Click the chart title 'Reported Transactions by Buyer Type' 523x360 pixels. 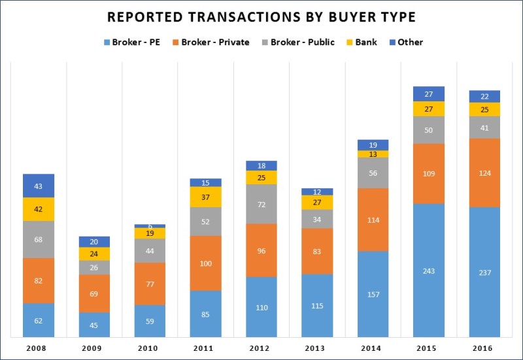pyautogui.click(x=261, y=16)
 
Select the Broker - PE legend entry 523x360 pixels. pyautogui.click(x=131, y=42)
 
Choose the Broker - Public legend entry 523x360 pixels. pyautogui.click(x=297, y=42)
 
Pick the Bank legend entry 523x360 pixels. pyautogui.click(x=361, y=42)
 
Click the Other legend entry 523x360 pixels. pyautogui.click(x=405, y=42)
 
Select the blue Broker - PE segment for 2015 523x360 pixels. pyautogui.click(x=429, y=270)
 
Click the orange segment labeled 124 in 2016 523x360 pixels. pyautogui.click(x=484, y=173)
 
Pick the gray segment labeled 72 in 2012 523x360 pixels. pyautogui.click(x=261, y=204)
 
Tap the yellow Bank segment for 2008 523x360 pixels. pyautogui.click(x=39, y=209)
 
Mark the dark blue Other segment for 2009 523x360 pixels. pyautogui.click(x=94, y=242)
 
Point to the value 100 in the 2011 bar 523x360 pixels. pyautogui.click(x=206, y=263)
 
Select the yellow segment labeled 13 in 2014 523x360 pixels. pyautogui.click(x=373, y=154)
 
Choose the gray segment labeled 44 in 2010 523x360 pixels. pyautogui.click(x=150, y=251)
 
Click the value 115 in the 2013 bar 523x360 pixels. pyautogui.click(x=317, y=305)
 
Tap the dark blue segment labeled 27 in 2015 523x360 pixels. pyautogui.click(x=429, y=94)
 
